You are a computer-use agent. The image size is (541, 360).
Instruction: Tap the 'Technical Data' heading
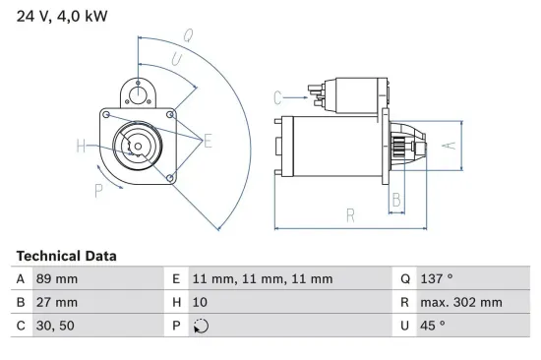(x=66, y=256)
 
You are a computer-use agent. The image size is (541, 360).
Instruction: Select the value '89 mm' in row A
(x=56, y=278)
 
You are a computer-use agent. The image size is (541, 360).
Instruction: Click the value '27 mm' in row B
(x=56, y=302)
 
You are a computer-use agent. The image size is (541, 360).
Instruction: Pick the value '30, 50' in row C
(x=56, y=326)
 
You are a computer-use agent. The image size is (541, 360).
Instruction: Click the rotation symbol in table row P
(x=202, y=327)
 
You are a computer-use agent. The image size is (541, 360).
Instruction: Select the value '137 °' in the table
(x=439, y=278)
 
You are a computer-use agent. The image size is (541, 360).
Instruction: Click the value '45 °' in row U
(x=434, y=326)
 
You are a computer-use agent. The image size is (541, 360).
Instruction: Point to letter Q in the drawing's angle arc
(x=187, y=35)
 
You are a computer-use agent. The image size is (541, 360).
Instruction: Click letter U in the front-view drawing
(x=176, y=59)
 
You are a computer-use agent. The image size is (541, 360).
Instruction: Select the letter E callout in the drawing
(x=208, y=142)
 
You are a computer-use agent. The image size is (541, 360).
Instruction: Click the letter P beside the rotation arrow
(x=98, y=192)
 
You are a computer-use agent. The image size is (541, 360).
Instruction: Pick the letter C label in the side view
(x=278, y=96)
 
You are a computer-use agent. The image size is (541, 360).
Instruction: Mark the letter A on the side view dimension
(x=447, y=145)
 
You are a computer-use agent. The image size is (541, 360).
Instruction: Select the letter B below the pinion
(x=395, y=200)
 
